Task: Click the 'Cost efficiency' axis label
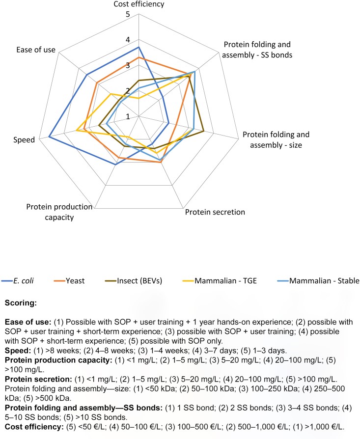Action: click(x=138, y=4)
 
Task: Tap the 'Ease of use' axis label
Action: click(x=35, y=50)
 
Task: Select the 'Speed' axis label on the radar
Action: click(x=25, y=139)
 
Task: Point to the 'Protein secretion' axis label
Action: click(x=215, y=213)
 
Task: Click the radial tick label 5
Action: click(x=127, y=14)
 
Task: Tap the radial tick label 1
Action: click(x=128, y=116)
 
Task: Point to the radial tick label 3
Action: click(x=128, y=65)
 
